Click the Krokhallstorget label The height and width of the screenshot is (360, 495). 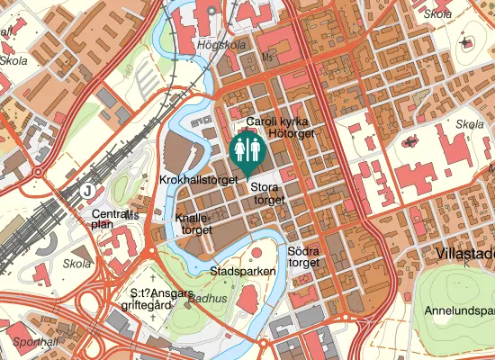197,180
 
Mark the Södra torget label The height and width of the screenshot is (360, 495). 303,256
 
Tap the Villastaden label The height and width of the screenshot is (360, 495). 463,255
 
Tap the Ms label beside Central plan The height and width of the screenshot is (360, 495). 132,215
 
